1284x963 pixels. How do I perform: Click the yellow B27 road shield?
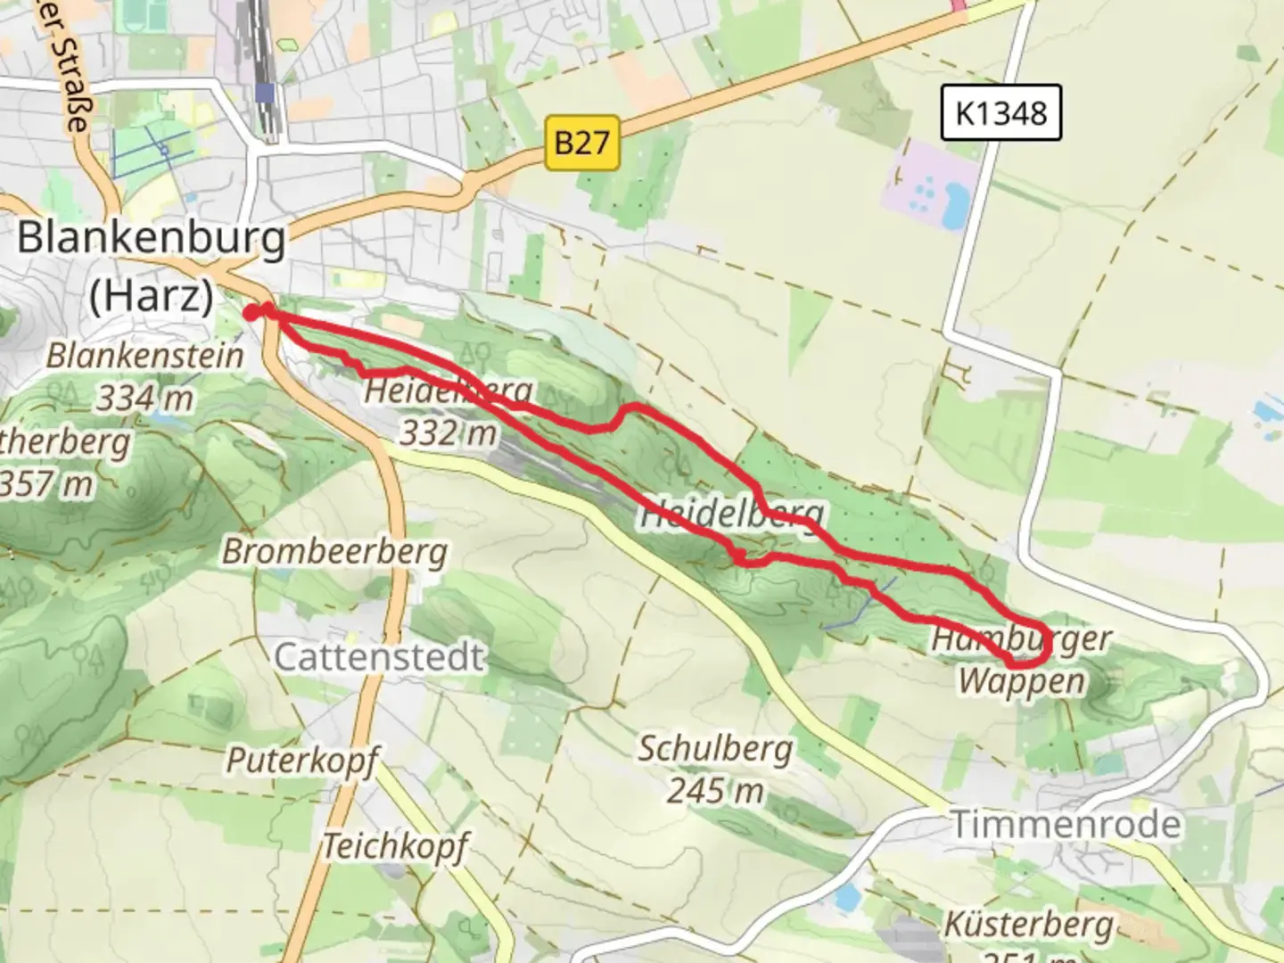coord(582,143)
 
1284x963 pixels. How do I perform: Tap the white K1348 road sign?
coord(1000,113)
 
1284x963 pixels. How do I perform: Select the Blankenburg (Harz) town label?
coord(152,266)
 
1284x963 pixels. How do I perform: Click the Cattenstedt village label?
coord(379,658)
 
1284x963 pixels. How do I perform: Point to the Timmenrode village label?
coord(1066,823)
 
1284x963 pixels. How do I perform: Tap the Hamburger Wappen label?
coord(1022,661)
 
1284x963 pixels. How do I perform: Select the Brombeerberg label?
coord(334,552)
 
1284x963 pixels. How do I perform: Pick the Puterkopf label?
coord(302,761)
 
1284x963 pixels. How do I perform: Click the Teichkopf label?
coord(395,845)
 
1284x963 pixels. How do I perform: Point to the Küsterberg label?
coord(1029,925)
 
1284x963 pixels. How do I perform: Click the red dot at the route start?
coord(252,312)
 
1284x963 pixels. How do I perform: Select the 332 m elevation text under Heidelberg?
coord(448,433)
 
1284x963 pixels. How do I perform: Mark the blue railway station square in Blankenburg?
coord(264,93)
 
